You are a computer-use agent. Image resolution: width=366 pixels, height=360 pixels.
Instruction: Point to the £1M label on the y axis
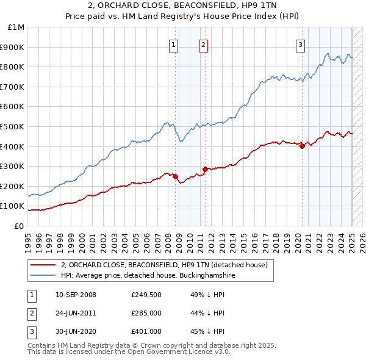[16, 27]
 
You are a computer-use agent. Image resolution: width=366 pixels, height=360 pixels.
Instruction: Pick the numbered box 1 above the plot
[174, 44]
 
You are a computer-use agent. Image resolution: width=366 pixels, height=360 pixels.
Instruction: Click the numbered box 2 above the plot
[203, 44]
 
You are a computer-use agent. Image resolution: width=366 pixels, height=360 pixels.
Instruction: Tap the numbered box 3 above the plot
[301, 44]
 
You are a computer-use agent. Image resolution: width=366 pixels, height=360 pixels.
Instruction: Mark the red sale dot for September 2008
[176, 176]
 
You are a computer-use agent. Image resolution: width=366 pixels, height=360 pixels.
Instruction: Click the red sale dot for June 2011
[206, 170]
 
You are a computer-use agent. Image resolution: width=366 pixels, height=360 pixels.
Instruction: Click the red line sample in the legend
[42, 265]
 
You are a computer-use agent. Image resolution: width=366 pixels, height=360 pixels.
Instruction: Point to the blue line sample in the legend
[42, 275]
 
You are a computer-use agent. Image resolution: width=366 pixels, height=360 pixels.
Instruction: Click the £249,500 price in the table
[146, 295]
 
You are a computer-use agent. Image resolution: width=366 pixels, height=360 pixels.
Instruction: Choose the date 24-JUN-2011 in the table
[76, 313]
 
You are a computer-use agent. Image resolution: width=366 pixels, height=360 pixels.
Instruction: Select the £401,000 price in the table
[146, 331]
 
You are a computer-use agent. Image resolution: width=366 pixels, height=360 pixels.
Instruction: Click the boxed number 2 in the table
[30, 313]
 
